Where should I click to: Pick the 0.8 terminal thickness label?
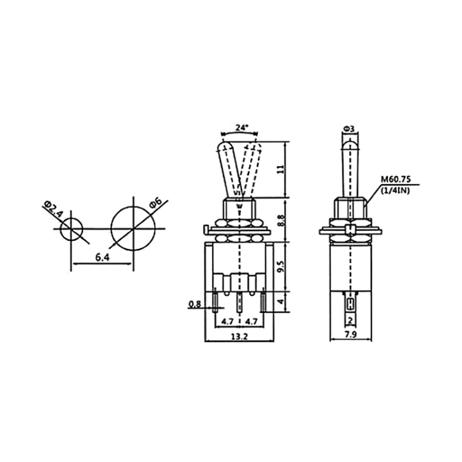[x=194, y=304]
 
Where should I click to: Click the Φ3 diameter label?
[x=349, y=129]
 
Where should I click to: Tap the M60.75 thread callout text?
[x=394, y=179]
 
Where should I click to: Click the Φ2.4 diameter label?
[x=54, y=210]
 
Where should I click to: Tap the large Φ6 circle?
[x=131, y=229]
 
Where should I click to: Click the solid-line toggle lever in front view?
[x=227, y=169]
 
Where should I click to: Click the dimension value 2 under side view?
[x=349, y=320]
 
